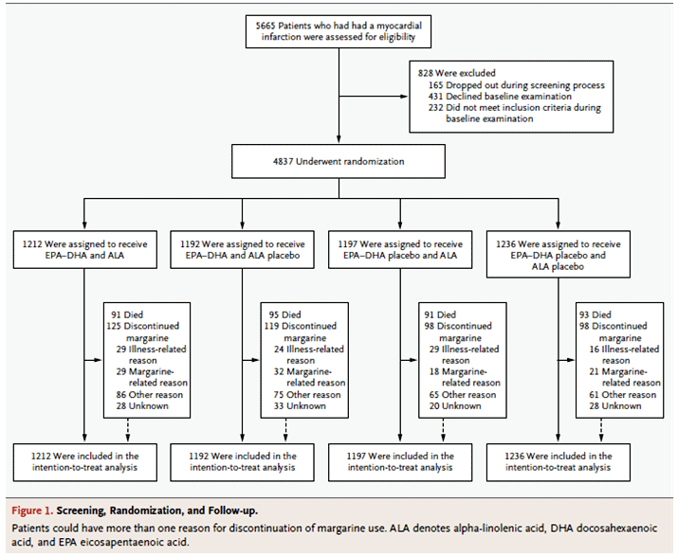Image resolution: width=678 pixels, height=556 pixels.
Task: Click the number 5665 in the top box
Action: [266, 26]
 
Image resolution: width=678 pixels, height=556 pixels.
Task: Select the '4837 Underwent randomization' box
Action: [339, 162]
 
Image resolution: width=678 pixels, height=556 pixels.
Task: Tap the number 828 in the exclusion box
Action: [426, 73]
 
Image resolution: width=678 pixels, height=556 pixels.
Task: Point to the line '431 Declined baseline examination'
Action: [500, 97]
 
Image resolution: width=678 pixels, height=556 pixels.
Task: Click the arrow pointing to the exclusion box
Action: [374, 97]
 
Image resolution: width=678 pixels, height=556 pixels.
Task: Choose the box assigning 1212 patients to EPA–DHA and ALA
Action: [84, 250]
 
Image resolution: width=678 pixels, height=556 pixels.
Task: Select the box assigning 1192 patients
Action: [242, 250]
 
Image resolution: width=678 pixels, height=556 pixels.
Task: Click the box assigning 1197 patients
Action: [400, 250]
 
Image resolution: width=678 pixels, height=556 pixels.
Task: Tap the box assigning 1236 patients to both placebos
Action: [559, 254]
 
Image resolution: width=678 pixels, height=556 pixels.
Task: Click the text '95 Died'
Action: [285, 314]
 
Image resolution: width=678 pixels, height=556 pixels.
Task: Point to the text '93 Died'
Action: [596, 314]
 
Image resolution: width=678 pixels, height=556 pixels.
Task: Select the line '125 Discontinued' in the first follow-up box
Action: [142, 326]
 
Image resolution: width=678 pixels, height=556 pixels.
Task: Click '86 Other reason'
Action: [149, 395]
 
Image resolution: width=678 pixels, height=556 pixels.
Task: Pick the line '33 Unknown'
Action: [300, 406]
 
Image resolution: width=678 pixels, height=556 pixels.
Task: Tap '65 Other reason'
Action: [463, 395]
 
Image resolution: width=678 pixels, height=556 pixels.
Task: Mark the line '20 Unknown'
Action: [455, 406]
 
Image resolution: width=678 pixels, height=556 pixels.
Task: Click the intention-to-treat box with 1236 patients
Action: [559, 462]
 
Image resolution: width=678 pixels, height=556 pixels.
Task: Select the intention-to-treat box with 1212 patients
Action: [84, 462]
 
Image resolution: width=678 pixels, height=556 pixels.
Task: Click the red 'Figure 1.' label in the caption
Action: [32, 511]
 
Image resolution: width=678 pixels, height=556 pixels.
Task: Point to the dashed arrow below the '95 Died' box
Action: [285, 430]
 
